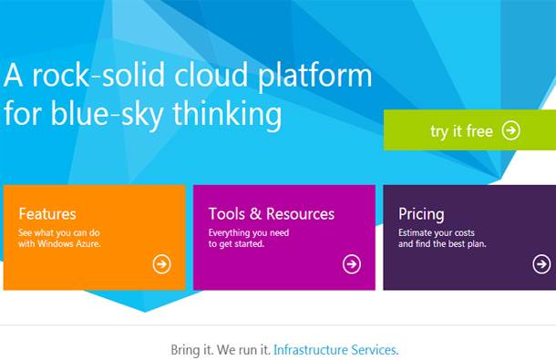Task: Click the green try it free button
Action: (x=469, y=129)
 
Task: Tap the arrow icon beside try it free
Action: (x=511, y=130)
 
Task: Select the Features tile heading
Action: (x=47, y=214)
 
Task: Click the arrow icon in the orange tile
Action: (x=161, y=264)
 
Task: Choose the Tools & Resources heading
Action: (x=272, y=214)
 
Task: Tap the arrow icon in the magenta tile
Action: (x=352, y=264)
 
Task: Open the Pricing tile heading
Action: (x=421, y=214)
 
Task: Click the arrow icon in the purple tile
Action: (x=541, y=264)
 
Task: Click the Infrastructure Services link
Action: (x=335, y=350)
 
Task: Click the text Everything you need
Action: (x=249, y=233)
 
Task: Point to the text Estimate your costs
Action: (x=437, y=233)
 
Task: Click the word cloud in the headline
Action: (x=211, y=75)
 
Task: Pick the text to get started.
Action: (x=236, y=244)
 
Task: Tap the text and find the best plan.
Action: (x=442, y=244)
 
